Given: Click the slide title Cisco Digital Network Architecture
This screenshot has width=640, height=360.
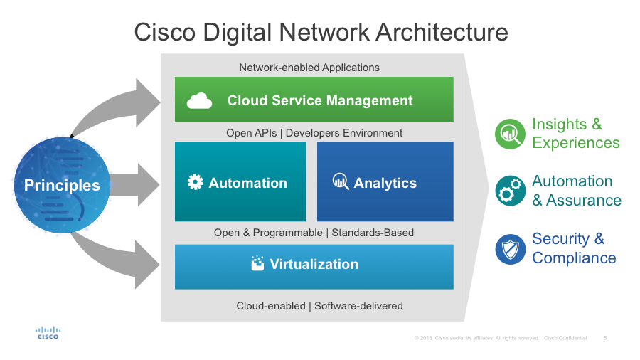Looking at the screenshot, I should point(321,33).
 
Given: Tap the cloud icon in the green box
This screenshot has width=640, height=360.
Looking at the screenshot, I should point(199,101).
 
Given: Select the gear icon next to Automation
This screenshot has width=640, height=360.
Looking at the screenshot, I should point(195,182).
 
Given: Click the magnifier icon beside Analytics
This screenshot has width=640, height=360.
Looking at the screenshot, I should point(341,181).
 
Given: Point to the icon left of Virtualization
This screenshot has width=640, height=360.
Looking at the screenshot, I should point(257,263).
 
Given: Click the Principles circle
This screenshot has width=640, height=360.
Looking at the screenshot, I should point(62,185).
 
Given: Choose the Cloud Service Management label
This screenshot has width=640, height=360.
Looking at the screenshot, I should point(320,100).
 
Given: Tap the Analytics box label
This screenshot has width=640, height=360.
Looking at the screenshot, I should point(385,183).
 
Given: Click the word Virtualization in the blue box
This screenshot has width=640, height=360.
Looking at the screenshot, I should point(314,264).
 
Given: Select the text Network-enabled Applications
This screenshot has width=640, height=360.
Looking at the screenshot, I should point(309,68).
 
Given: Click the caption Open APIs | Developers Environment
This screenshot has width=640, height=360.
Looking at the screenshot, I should point(314,133).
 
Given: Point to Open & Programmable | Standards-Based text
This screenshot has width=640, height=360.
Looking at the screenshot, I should point(314,233).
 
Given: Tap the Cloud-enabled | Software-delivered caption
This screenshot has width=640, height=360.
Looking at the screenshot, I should point(319,306).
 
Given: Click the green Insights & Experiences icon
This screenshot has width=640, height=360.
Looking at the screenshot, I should point(510,134).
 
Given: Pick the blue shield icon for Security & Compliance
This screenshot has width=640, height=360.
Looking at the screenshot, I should point(510,249).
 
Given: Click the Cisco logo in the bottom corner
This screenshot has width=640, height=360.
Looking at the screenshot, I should point(48,333).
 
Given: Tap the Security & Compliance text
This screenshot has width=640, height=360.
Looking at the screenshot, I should point(574,248).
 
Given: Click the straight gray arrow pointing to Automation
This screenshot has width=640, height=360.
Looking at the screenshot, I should point(135,185).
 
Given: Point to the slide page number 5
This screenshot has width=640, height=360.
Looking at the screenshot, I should point(605,338).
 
